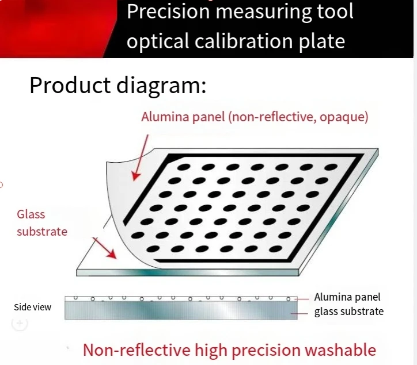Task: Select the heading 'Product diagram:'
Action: pos(117,86)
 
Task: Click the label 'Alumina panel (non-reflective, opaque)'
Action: pos(255,117)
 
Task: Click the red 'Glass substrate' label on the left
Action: pos(41,223)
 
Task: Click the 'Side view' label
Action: pos(33,307)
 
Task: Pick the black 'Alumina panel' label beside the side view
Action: pos(347,297)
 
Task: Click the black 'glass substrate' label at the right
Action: pos(348,312)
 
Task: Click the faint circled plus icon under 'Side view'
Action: pos(20,324)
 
